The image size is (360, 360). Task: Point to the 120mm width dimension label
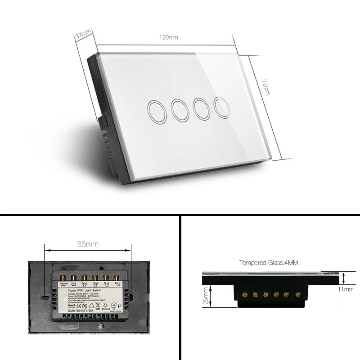[168, 37]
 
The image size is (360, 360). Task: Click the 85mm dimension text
[88, 244]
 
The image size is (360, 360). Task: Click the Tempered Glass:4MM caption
[265, 262]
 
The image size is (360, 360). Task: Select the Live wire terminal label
[74, 285]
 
